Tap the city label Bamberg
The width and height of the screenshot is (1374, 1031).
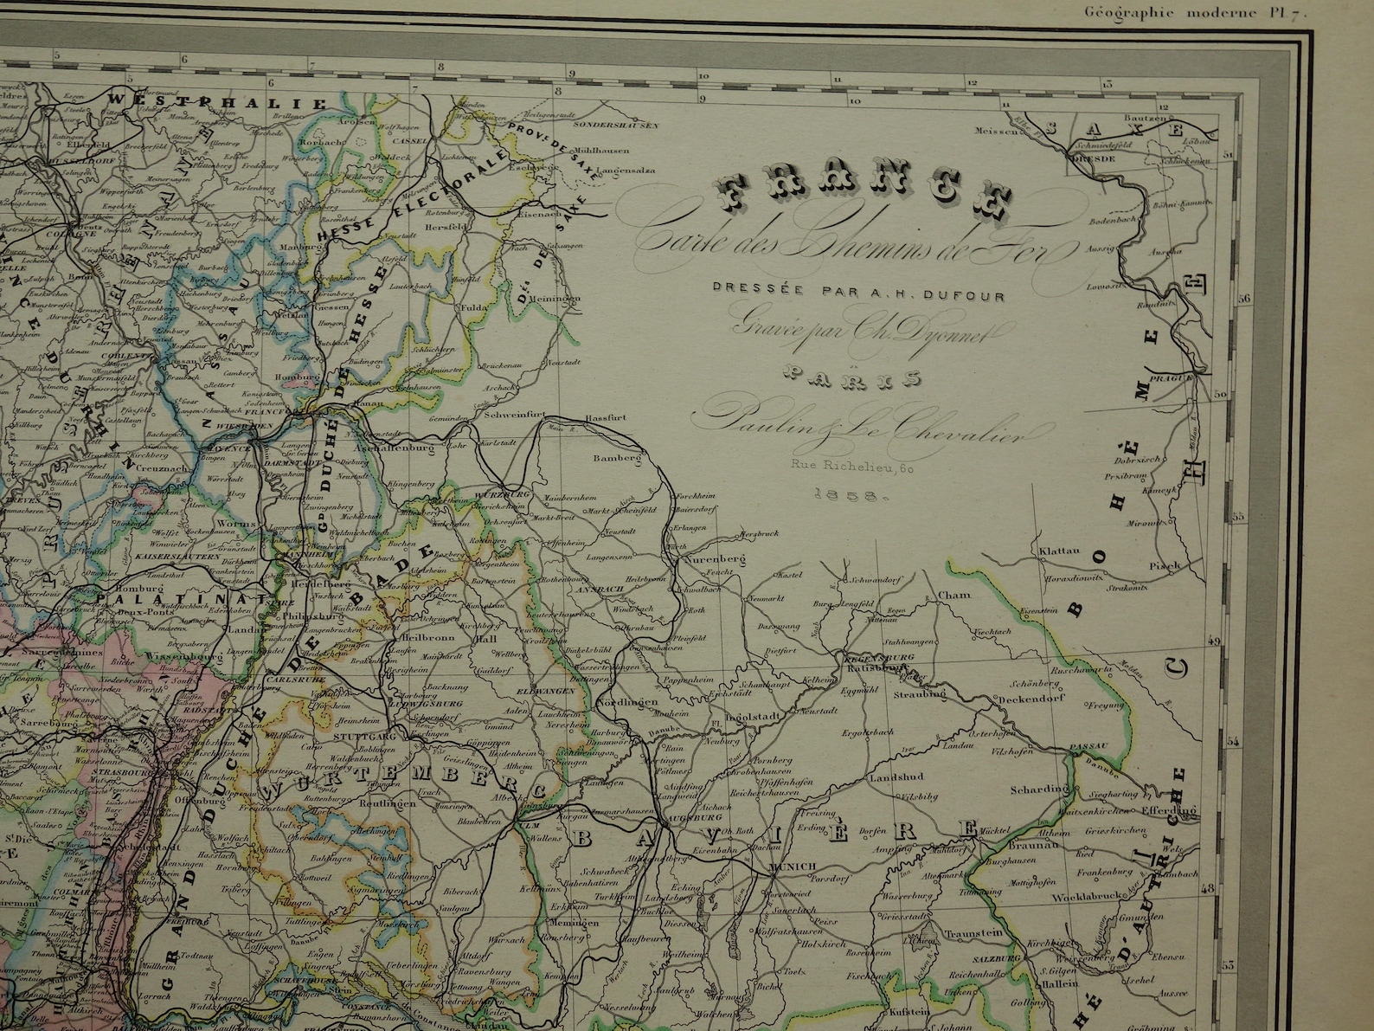pyautogui.click(x=617, y=458)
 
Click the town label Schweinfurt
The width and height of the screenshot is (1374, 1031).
pyautogui.click(x=514, y=416)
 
